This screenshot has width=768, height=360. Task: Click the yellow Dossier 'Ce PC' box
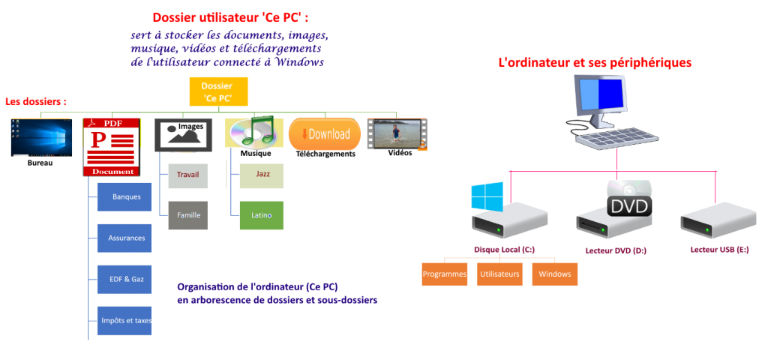(217, 91)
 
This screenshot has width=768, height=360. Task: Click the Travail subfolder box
(188, 175)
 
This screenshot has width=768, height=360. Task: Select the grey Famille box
(188, 215)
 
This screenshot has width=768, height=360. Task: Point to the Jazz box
(262, 174)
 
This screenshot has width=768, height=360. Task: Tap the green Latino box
(262, 215)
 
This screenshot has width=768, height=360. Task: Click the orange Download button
(325, 134)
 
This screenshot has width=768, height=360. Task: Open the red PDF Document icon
(112, 147)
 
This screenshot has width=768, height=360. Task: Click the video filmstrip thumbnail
(397, 134)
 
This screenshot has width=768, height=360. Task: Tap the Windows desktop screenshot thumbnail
(41, 136)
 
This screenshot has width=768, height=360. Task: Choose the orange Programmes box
(445, 274)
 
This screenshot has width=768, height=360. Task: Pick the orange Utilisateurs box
(500, 274)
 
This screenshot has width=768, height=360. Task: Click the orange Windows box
(555, 274)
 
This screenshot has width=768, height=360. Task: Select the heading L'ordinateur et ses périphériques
(595, 63)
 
